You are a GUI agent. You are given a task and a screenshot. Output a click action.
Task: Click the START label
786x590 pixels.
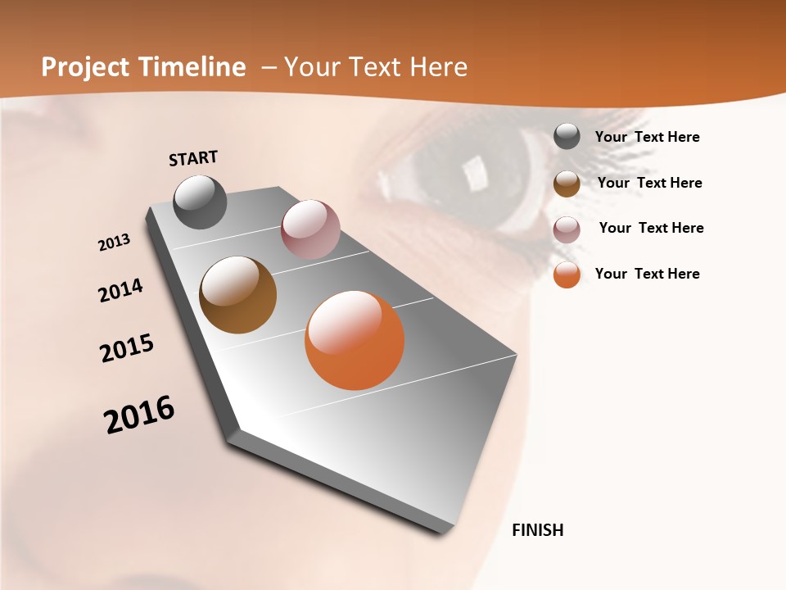[193, 158]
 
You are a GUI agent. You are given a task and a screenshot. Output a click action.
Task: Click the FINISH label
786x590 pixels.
[537, 530]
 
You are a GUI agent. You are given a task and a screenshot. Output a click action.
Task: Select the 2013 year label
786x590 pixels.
[114, 243]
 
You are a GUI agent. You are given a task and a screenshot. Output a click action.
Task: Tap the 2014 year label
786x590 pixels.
[120, 290]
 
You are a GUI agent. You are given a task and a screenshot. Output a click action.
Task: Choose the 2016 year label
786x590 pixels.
[139, 415]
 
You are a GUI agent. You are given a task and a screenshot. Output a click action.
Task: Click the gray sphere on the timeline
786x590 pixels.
[200, 202]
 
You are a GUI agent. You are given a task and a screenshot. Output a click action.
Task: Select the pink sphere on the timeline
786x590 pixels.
[310, 229]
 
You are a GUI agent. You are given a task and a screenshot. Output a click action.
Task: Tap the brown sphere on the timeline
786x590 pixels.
[237, 295]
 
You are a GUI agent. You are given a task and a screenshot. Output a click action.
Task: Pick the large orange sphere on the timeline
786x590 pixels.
[355, 340]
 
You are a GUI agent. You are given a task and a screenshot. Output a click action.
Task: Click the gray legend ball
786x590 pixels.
[567, 136]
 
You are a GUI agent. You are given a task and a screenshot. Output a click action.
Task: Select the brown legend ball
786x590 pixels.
[567, 184]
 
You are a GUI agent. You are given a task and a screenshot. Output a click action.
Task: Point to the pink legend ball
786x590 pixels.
[567, 229]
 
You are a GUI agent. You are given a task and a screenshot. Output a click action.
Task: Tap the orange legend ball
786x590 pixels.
[567, 275]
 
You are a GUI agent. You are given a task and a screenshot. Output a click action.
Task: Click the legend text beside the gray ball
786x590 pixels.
[647, 137]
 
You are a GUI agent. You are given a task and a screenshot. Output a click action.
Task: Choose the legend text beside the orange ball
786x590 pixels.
[647, 274]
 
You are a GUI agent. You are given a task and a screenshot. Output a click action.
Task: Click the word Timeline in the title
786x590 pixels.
[192, 67]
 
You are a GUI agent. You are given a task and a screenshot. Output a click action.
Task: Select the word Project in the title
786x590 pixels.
[84, 67]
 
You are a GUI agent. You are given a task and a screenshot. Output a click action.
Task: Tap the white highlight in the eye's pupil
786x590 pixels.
[474, 172]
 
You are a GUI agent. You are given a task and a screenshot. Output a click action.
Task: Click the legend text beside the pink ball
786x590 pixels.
[651, 228]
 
